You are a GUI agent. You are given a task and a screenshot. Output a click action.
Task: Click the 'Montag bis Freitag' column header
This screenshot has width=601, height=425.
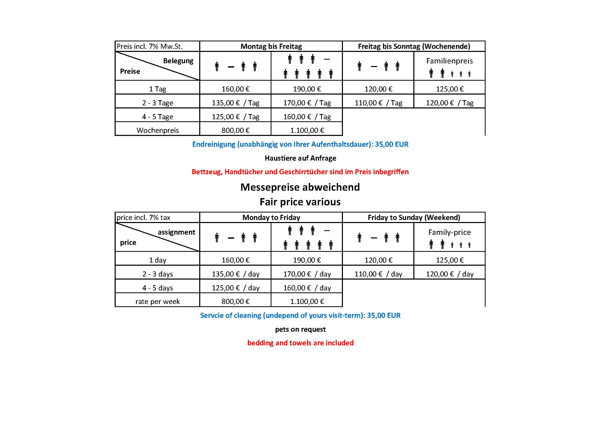[x=271, y=46]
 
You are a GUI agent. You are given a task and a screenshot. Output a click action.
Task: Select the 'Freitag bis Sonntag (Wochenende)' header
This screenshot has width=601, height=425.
[x=414, y=46]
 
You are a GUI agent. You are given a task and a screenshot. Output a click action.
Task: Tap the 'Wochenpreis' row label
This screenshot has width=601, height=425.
[x=158, y=130]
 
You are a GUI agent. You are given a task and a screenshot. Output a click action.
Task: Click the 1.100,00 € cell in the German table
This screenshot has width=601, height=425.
[x=307, y=130]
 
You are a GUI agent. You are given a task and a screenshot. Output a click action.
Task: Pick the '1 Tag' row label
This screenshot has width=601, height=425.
[x=158, y=89]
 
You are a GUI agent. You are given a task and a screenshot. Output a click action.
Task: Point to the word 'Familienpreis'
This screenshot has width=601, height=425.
[x=449, y=61]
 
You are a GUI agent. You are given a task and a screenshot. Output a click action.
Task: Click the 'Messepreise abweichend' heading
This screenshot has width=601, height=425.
[x=300, y=187]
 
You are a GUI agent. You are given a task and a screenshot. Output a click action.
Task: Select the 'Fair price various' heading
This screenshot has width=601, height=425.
[x=300, y=202]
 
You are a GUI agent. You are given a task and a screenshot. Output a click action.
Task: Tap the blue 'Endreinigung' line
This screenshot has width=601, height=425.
[x=300, y=144]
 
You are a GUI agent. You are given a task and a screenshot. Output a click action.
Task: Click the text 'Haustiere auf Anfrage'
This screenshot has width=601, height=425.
[x=300, y=158]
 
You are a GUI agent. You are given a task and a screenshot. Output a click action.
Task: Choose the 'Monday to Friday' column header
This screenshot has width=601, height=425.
[x=271, y=217]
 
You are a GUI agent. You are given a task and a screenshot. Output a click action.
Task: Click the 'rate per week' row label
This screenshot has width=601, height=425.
[x=158, y=301]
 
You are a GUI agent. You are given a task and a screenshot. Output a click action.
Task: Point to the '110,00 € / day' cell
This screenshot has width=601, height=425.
[x=378, y=274]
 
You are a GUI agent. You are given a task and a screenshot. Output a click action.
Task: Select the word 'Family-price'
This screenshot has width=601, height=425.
[x=449, y=232]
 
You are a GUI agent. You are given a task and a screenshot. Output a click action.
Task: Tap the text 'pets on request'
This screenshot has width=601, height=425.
[x=300, y=329]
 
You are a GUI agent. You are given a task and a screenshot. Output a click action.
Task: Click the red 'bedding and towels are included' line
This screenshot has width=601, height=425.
[x=300, y=343]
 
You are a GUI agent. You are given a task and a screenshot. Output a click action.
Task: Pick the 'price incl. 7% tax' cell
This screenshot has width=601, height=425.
[x=143, y=217]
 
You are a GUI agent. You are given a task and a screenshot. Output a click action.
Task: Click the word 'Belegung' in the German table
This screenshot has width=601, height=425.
[x=178, y=61]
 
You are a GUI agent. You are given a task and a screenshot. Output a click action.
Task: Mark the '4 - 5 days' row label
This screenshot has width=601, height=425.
[x=158, y=288]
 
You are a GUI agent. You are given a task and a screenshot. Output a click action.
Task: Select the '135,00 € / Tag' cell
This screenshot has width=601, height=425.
[x=235, y=103]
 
